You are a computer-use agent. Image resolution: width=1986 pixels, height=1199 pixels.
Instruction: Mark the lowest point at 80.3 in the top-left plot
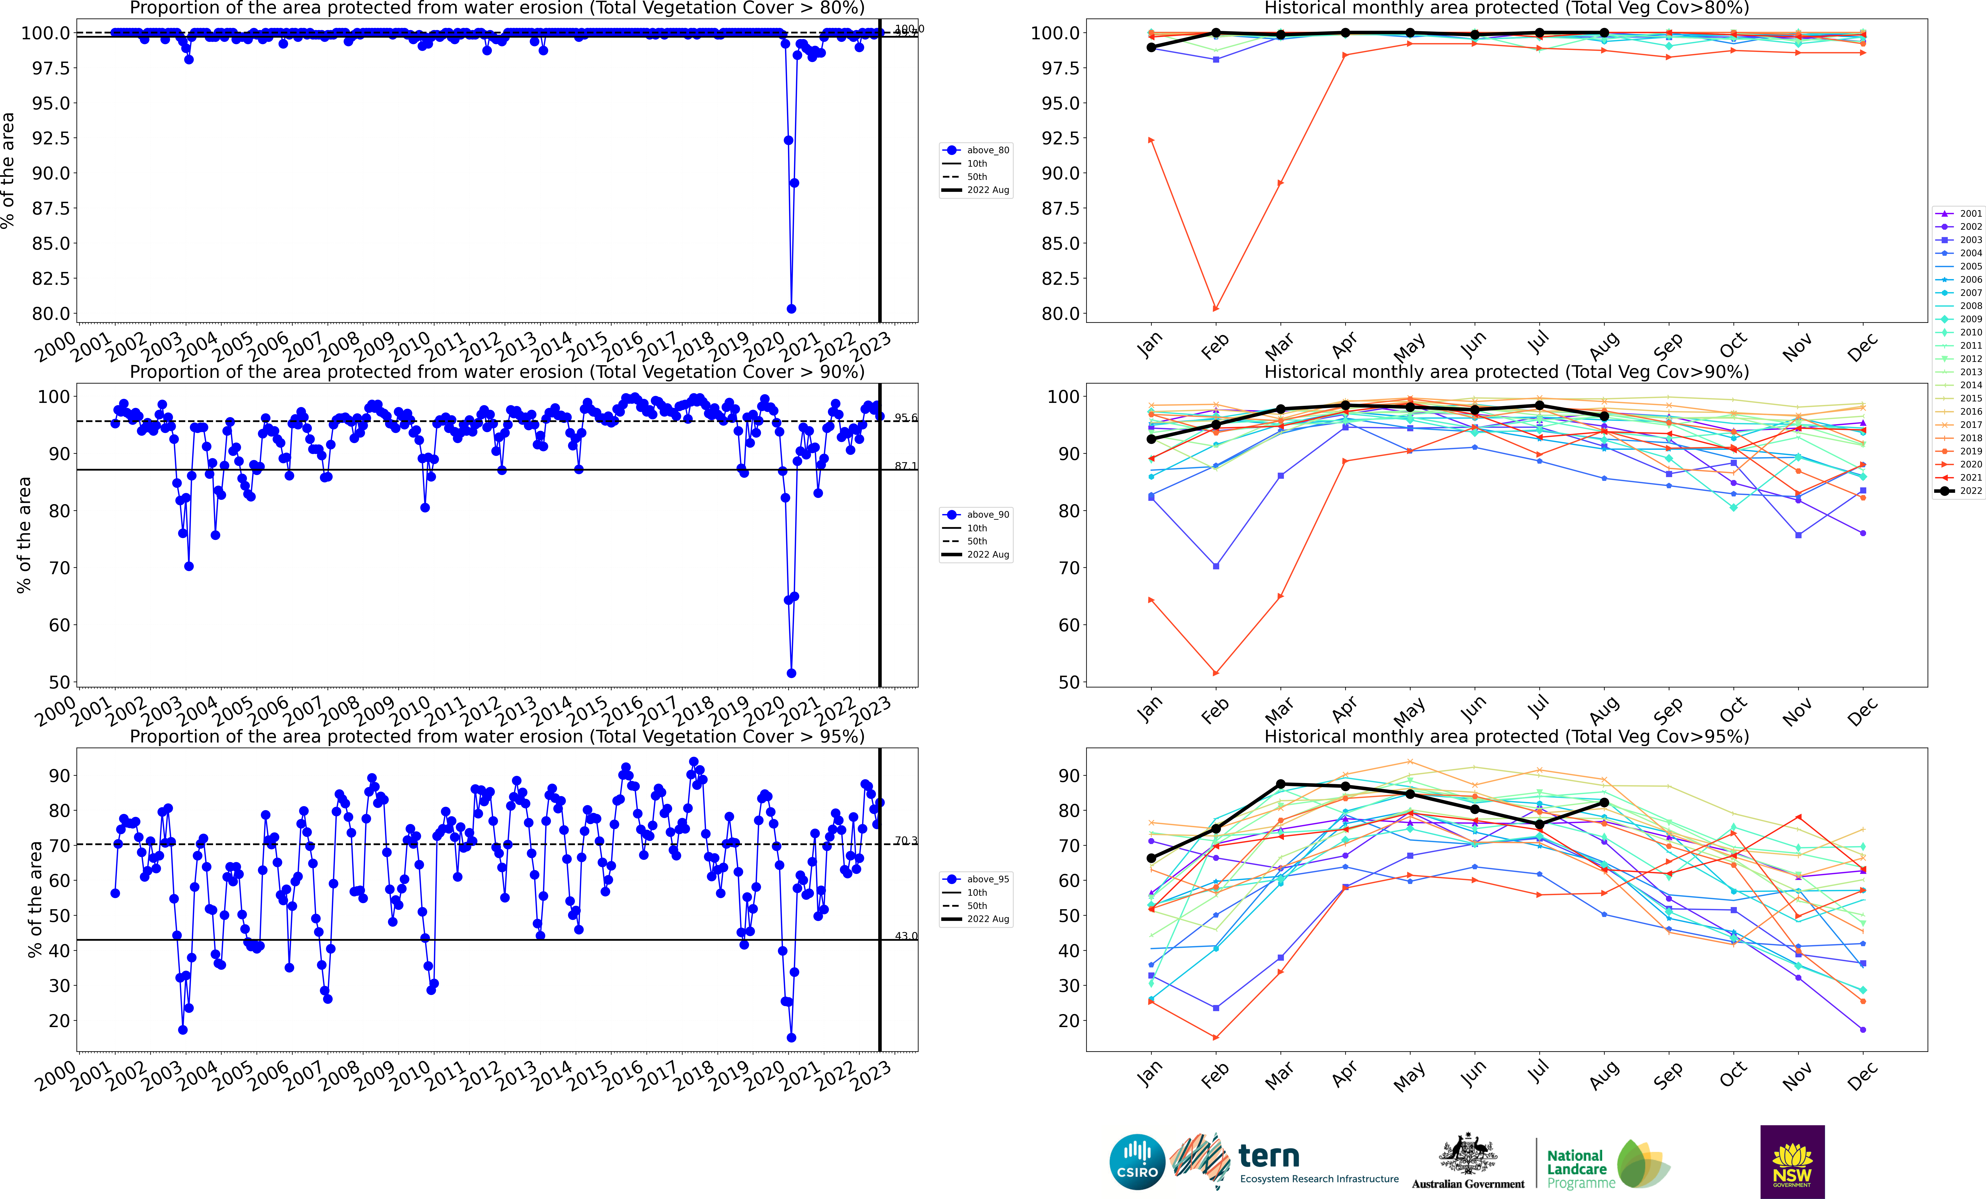coord(791,309)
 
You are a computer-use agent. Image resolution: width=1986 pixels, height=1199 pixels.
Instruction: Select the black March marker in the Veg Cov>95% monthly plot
coord(1281,784)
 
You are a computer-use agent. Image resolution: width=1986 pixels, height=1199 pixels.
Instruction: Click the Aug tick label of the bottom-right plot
coord(1604,1074)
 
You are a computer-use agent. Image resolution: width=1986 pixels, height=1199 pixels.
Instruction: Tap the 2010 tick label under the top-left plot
coord(409,347)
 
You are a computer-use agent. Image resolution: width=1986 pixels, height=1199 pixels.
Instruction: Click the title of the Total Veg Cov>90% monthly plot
coord(1506,372)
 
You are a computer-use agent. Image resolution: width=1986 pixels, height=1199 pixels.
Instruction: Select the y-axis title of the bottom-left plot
coord(35,899)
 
